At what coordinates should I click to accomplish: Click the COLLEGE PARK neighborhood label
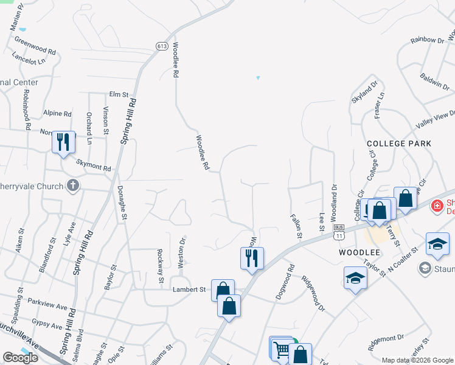click(399, 144)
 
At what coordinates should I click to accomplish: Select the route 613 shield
click(162, 46)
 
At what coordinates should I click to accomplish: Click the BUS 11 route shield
click(339, 231)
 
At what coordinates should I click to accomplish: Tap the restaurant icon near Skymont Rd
click(63, 142)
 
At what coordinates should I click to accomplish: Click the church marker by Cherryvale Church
click(73, 185)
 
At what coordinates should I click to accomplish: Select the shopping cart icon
click(281, 349)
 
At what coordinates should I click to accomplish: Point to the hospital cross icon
click(436, 207)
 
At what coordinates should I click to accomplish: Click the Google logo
click(20, 358)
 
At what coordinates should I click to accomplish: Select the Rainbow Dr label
click(427, 40)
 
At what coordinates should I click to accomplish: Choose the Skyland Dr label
click(364, 91)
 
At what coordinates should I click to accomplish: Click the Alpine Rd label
click(58, 114)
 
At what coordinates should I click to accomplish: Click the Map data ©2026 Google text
click(417, 360)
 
